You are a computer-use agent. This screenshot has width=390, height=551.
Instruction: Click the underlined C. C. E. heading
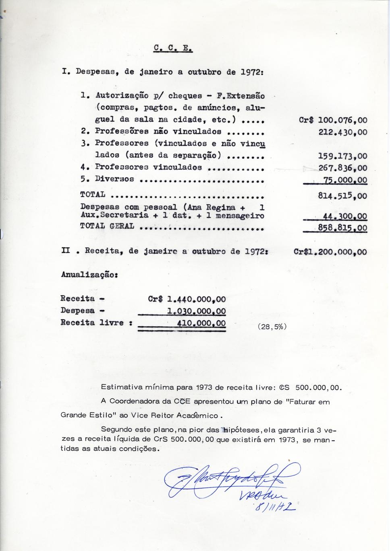pos(173,49)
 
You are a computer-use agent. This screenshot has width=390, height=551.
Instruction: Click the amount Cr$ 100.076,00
pos(333,120)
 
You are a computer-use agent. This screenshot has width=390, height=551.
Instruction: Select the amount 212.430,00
pos(342,132)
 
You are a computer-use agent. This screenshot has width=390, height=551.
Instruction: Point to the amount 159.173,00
pos(342,156)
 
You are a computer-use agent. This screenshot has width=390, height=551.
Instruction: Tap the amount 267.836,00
pos(342,168)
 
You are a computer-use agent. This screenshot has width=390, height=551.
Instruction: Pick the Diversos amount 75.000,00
pos(345,180)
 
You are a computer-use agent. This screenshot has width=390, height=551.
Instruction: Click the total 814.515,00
pos(342,196)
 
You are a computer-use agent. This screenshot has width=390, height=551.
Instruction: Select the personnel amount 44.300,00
pos(345,216)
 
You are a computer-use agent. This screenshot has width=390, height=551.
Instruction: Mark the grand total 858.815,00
pos(342,228)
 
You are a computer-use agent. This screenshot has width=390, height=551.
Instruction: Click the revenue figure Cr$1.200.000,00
pos(330,252)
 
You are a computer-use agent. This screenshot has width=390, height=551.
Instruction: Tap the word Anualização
pos(89,275)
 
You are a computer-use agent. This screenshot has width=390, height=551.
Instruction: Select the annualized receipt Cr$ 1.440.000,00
pos(187,299)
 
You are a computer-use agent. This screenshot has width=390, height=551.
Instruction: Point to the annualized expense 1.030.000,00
pos(196,311)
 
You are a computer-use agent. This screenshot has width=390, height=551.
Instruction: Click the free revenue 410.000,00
pos(201,323)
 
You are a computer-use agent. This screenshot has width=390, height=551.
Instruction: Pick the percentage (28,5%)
pos(272,327)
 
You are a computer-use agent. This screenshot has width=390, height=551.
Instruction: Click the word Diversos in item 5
pos(114,179)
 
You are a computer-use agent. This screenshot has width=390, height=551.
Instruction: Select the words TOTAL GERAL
pos(107,226)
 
